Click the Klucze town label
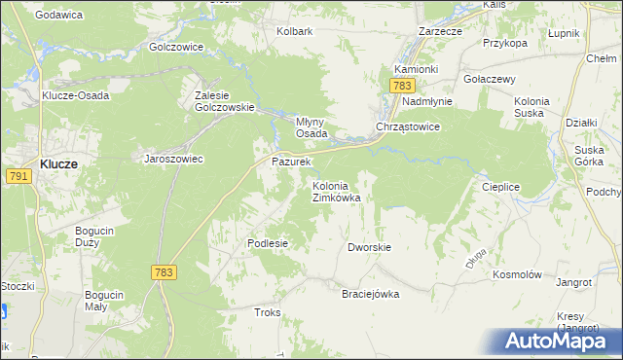pos(59,164)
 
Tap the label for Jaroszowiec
pos(173,159)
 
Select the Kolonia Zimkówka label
pos(337,192)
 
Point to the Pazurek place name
pos(290,162)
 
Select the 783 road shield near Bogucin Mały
pos(164,273)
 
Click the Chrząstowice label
pos(409,127)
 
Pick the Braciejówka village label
pos(370,294)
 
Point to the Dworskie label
pos(369,247)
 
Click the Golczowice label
pos(176,47)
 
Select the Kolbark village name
pos(294,31)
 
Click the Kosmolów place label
pos(517,275)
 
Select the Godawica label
pos(57,15)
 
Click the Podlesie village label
pos(268,243)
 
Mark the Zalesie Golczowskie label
pos(225,101)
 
